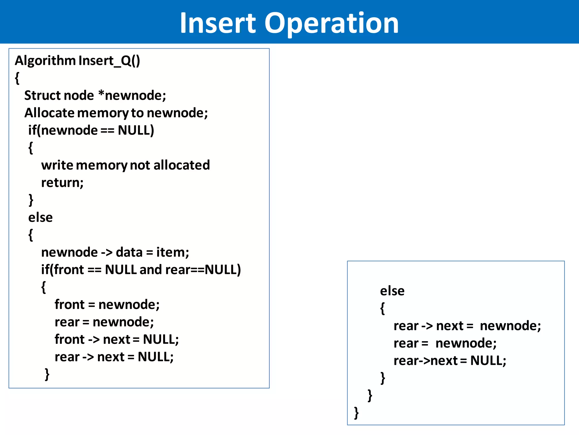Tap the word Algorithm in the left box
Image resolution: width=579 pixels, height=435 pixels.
coord(45,61)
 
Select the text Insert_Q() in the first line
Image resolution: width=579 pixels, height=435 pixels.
coord(109,61)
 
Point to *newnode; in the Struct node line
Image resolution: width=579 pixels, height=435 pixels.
coord(132,96)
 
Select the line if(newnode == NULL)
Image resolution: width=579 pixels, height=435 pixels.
coord(91,131)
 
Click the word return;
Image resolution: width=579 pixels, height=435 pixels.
coord(62,183)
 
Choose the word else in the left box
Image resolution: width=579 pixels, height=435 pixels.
coord(40,218)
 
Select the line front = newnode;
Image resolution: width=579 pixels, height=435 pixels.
coord(107,305)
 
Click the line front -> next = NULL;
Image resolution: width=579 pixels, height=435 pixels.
coord(116,340)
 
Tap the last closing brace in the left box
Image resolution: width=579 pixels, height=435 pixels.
coord(47,374)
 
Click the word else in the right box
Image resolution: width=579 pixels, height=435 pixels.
coord(392,291)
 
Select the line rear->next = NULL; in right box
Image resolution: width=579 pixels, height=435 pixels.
coord(450,361)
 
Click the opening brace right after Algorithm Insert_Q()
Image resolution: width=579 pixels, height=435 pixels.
coord(17,78)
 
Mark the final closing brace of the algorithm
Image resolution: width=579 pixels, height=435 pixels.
coord(356,413)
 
